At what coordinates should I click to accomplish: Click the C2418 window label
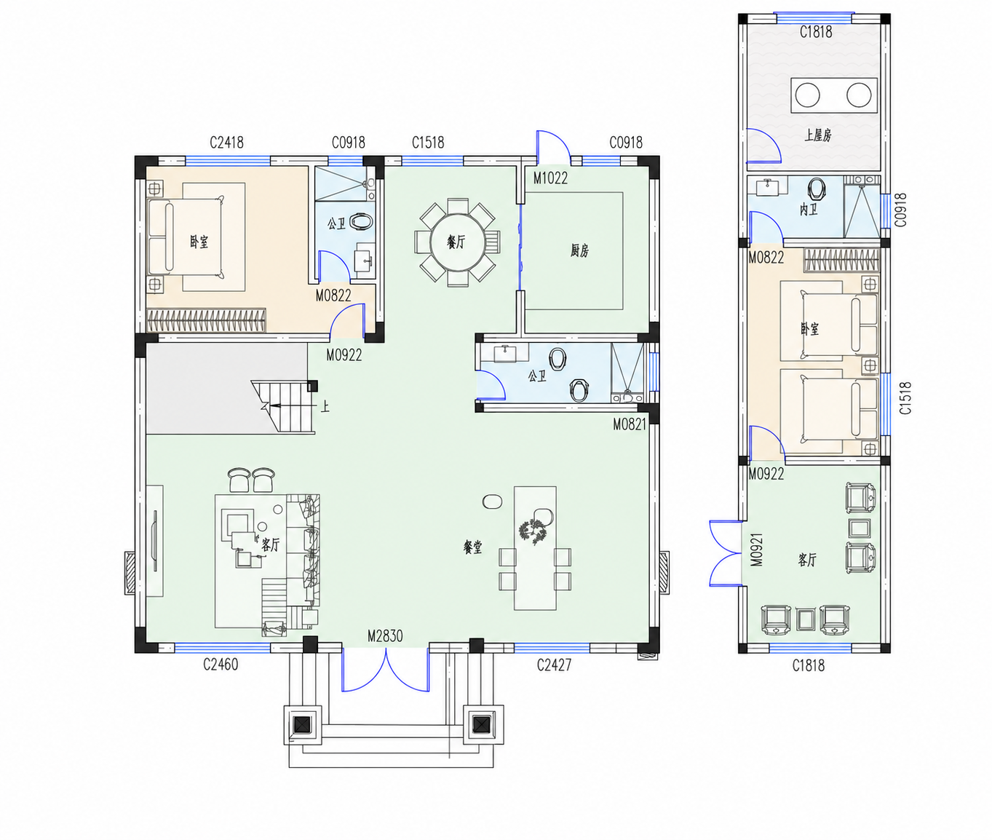[226, 143]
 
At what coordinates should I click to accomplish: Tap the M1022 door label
[550, 178]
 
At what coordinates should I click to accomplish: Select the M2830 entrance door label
[385, 636]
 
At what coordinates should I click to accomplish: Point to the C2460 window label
[221, 665]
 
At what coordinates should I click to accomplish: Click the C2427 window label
[554, 665]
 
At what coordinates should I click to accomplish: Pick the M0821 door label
[630, 424]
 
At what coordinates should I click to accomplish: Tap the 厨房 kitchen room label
[579, 250]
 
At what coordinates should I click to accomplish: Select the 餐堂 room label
[473, 547]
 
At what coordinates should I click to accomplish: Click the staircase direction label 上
[325, 407]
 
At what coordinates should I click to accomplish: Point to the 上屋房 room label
[818, 135]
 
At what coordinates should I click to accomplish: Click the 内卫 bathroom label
[809, 210]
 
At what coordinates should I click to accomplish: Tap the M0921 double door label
[756, 550]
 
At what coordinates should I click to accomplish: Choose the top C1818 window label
[816, 32]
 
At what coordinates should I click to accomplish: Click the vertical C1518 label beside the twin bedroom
[905, 398]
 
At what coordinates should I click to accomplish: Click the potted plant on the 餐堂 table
[533, 531]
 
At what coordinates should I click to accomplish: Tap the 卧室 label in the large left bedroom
[199, 242]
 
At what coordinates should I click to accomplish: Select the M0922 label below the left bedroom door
[344, 355]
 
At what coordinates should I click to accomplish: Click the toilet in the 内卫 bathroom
[817, 189]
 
